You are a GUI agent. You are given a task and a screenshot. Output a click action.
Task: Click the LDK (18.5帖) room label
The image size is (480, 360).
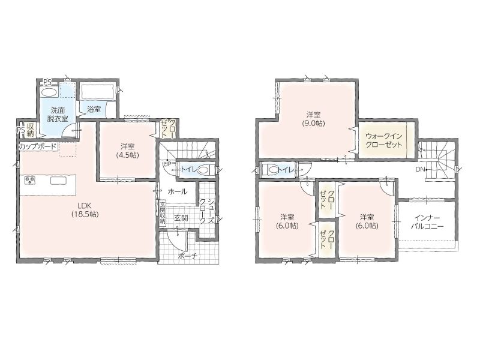tap(85, 210)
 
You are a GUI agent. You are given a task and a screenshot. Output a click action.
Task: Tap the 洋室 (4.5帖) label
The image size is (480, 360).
tap(127, 151)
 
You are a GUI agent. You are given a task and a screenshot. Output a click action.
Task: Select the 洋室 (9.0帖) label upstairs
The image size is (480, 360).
tap(314, 119)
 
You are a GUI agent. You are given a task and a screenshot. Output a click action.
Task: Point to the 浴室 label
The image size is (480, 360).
tap(94, 109)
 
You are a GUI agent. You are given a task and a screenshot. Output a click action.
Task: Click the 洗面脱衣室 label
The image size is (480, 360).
tap(58, 115)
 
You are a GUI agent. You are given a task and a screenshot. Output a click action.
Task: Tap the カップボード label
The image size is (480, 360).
tap(38, 146)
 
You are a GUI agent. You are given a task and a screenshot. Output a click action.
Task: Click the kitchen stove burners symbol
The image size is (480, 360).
tap(30, 181)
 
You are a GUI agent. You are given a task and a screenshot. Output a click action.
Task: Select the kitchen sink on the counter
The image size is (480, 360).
tap(58, 181)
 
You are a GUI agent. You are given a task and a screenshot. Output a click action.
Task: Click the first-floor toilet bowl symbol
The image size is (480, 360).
tap(203, 170)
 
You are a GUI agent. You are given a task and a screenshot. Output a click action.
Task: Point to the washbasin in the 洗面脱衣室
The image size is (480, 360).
tap(49, 92)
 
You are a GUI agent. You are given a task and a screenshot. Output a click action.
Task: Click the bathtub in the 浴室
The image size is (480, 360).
tap(97, 92)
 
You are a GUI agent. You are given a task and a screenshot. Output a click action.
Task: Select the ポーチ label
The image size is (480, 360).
tap(187, 256)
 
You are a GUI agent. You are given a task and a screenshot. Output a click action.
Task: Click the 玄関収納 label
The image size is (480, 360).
tap(163, 213)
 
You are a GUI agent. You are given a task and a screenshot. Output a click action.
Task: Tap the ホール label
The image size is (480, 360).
tap(177, 192)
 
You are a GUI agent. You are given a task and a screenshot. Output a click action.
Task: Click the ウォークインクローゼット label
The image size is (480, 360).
tap(383, 140)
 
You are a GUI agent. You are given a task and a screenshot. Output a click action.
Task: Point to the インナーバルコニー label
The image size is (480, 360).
tap(427, 222)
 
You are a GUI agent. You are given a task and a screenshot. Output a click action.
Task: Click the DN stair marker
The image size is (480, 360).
tap(419, 169)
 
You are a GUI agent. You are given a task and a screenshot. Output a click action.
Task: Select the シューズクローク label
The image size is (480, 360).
tap(206, 212)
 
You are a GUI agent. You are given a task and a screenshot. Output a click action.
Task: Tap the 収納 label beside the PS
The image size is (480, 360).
tap(31, 130)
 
